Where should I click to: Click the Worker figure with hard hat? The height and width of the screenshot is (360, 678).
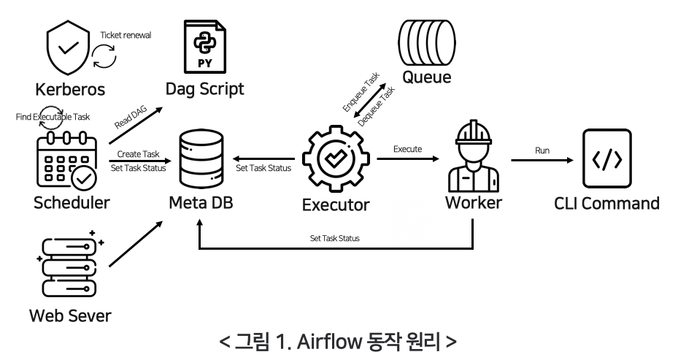(x=474, y=157)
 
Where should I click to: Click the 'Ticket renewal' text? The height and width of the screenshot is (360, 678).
(x=125, y=35)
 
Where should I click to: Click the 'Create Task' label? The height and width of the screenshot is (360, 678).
(x=138, y=153)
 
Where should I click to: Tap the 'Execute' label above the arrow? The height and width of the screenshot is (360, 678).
(x=408, y=148)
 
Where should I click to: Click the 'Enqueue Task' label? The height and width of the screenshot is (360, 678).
(x=361, y=96)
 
